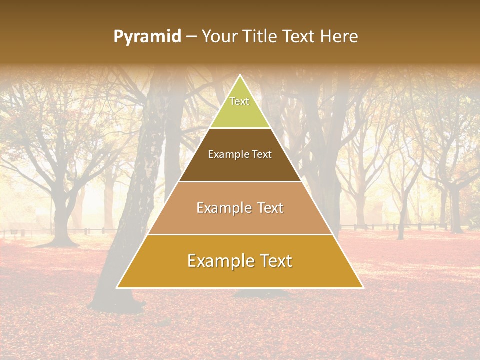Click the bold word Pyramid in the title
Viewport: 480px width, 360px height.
click(x=147, y=37)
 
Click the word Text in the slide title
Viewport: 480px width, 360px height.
click(x=299, y=37)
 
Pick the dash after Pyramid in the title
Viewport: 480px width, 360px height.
click(x=191, y=37)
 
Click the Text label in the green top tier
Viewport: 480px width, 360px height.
click(x=239, y=101)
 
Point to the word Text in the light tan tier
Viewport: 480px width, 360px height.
click(x=270, y=208)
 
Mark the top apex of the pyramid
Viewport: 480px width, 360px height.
click(x=240, y=75)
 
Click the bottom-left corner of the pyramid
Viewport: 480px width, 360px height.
click(x=117, y=287)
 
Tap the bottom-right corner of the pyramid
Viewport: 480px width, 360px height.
click(x=362, y=287)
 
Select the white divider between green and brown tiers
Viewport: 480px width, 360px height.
click(x=240, y=128)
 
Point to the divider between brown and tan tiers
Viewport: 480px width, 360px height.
click(x=240, y=181)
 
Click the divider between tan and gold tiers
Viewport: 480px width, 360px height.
click(x=240, y=234)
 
